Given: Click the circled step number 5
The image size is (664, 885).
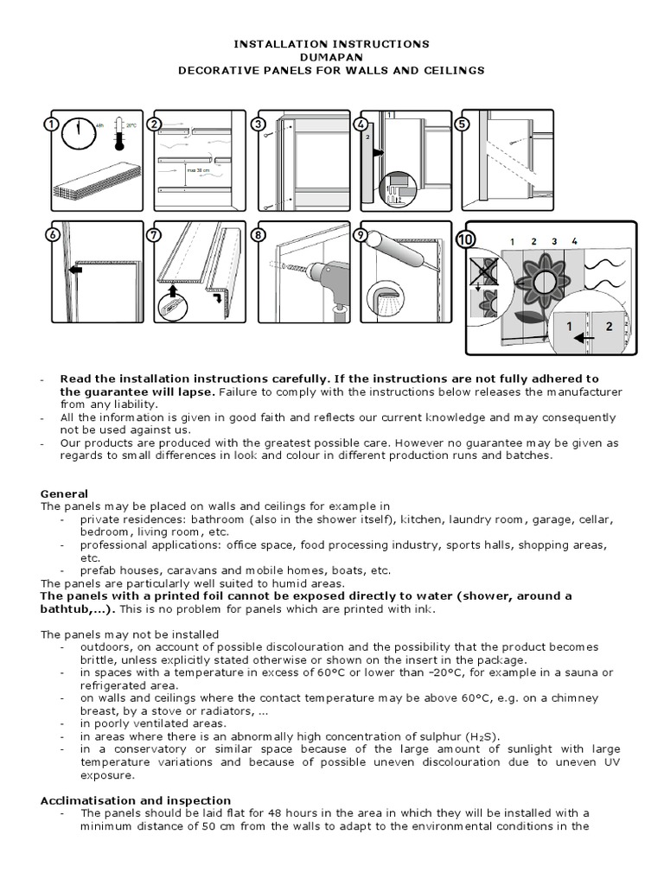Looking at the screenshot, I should [463, 124].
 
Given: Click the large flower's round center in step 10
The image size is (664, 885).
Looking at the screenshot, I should [543, 282].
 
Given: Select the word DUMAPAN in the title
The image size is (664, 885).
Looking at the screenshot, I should [333, 55].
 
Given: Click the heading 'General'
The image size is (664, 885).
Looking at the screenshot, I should [64, 493].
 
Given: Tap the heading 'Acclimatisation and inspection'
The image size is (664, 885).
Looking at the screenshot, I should [135, 800].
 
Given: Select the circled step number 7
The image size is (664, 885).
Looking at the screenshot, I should [156, 234].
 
